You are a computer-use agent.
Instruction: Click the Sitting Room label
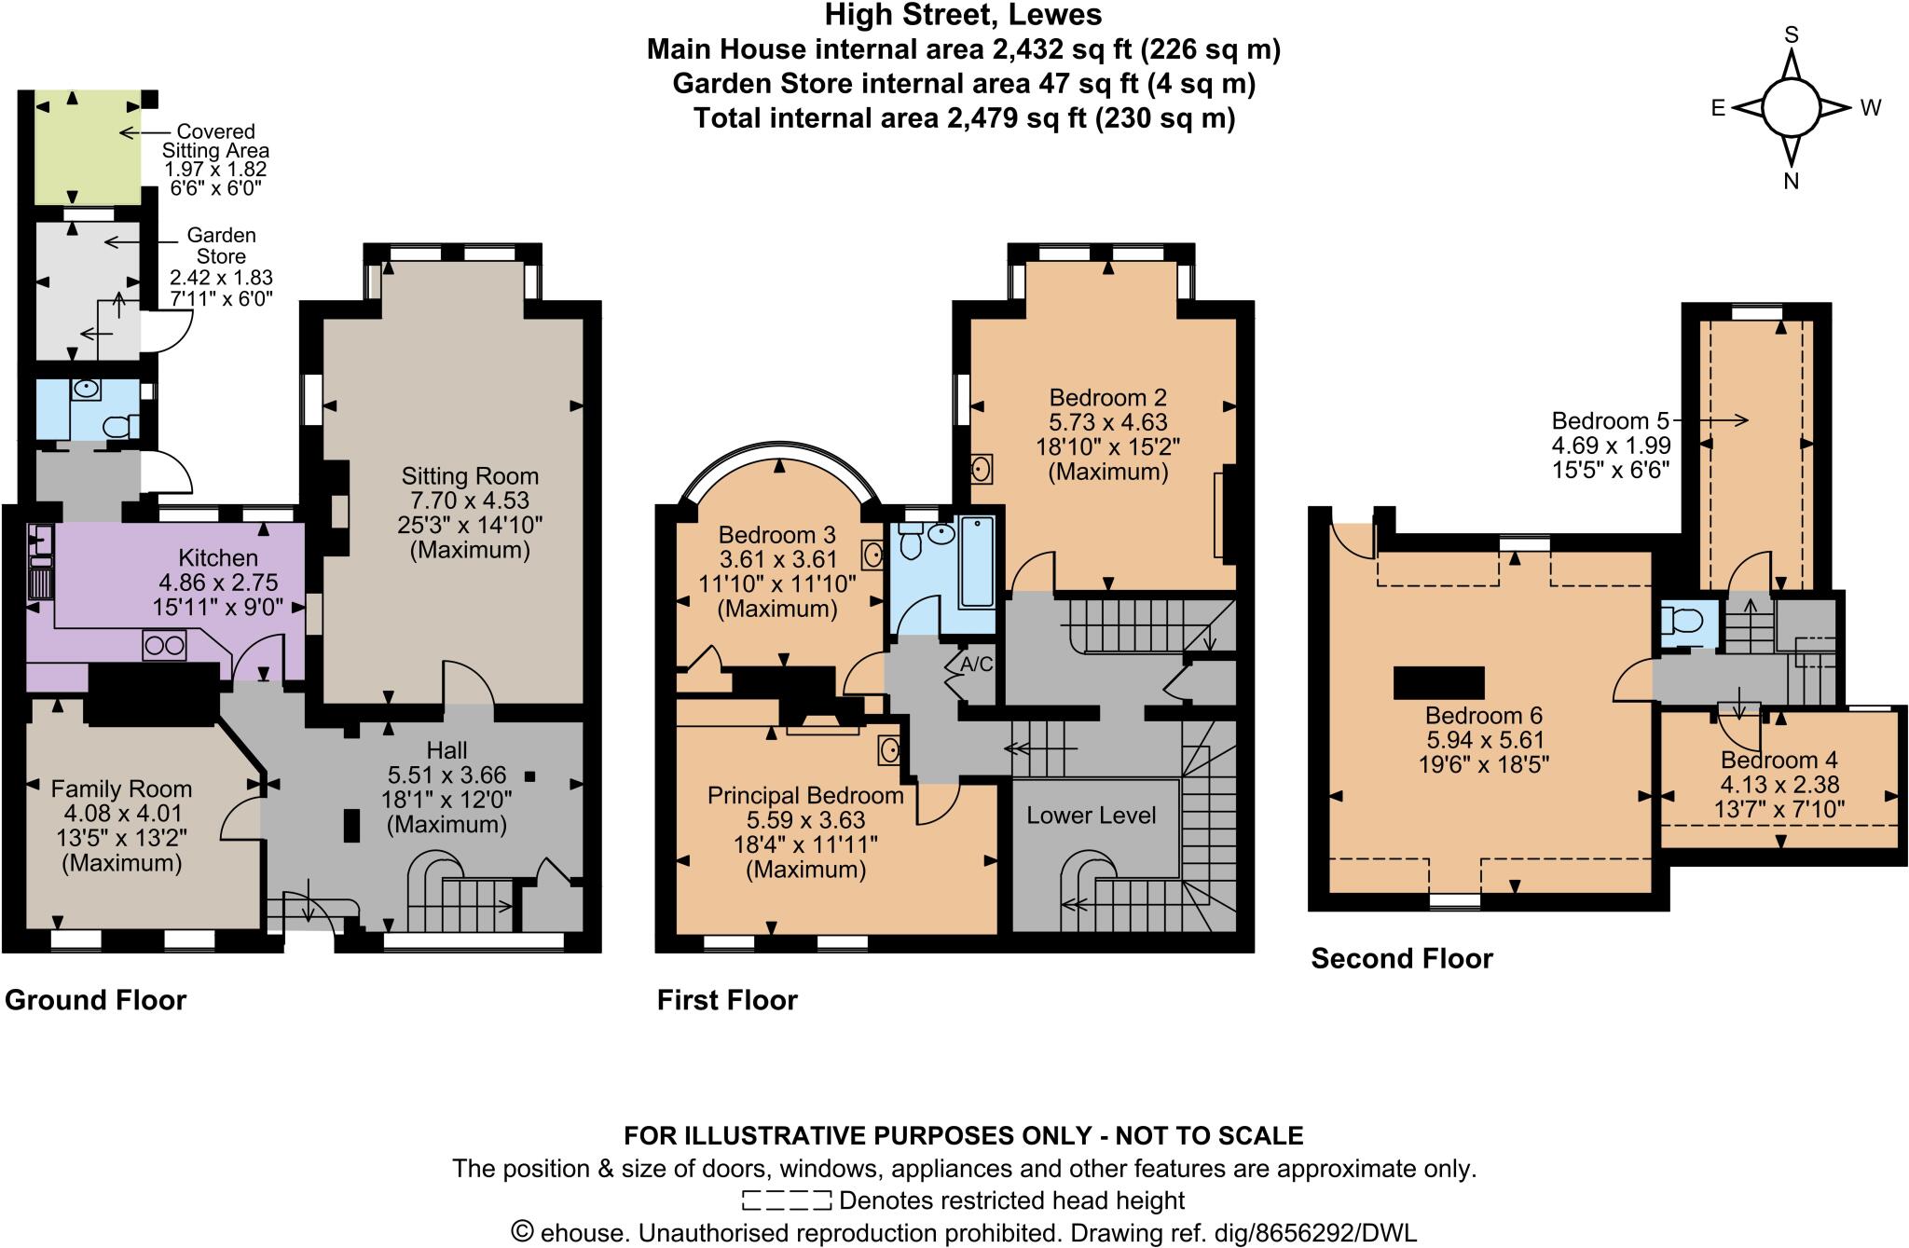coord(470,476)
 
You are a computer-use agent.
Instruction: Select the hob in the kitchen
coord(164,645)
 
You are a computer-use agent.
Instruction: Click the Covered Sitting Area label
coord(215,142)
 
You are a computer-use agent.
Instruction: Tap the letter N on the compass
coord(1791,183)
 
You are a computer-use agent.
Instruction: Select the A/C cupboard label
coord(976,665)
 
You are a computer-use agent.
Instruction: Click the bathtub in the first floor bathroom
coord(976,560)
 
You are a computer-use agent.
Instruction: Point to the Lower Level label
coord(1091,816)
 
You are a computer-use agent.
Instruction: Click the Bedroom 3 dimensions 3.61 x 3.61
coord(777,560)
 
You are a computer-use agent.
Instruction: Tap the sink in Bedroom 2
coord(981,469)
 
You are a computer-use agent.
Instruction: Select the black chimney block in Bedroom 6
coord(1438,683)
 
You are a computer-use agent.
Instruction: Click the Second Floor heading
coord(1401,959)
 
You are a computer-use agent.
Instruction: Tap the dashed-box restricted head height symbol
coord(785,1200)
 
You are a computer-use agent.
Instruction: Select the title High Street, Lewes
coord(963,16)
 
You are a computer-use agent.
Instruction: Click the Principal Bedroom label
coord(805,796)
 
